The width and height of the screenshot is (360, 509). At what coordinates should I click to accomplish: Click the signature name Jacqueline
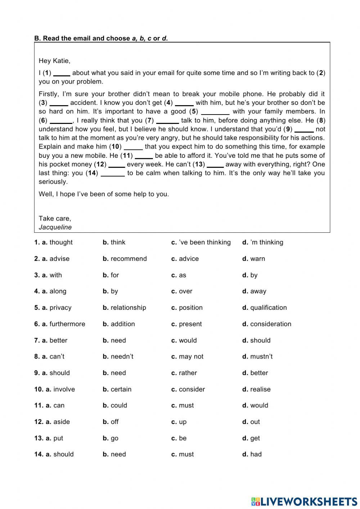pyautogui.click(x=55, y=227)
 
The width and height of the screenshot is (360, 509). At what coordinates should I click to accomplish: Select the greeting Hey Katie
pyautogui.click(x=54, y=61)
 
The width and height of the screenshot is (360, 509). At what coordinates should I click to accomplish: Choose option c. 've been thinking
pyautogui.click(x=201, y=242)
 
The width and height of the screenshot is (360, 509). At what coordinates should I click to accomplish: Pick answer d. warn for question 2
pyautogui.click(x=253, y=259)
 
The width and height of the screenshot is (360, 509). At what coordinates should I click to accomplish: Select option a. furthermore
pyautogui.click(x=60, y=324)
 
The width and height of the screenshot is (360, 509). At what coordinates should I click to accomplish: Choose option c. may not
pyautogui.click(x=187, y=357)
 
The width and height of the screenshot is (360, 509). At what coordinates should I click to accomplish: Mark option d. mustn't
pyautogui.click(x=257, y=357)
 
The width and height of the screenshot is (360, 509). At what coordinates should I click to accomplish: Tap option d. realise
pyautogui.click(x=256, y=389)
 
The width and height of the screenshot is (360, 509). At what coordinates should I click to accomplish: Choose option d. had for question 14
pyautogui.click(x=252, y=454)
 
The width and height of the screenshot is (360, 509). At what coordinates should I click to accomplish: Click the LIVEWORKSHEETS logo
pyautogui.click(x=304, y=501)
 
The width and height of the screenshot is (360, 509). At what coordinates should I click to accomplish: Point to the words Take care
pyautogui.click(x=55, y=218)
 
